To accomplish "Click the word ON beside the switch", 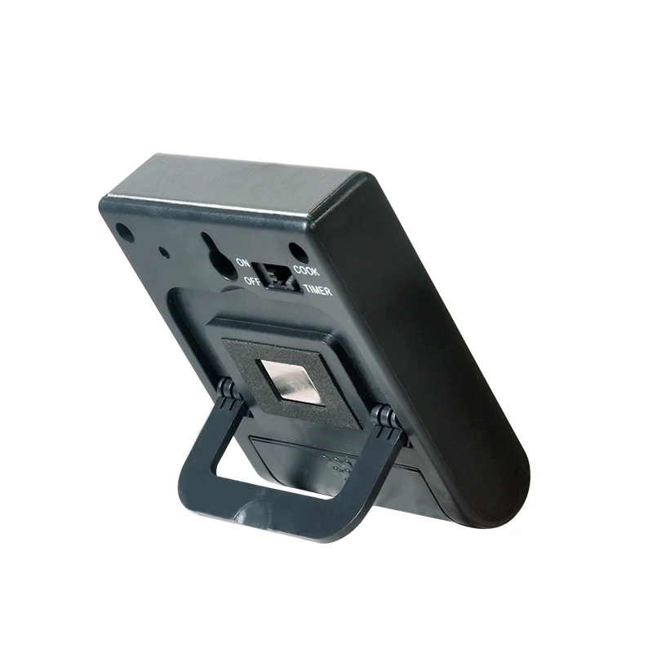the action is (x=242, y=263).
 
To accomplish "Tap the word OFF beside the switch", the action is (x=252, y=281).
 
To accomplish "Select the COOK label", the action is (x=306, y=271).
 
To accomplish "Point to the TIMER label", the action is (x=318, y=290).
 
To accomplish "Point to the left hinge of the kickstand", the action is (x=226, y=390).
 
